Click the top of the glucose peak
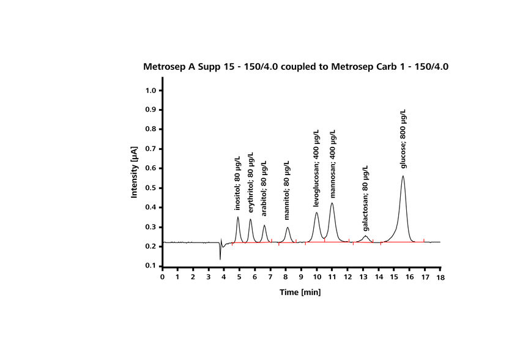click(x=403, y=176)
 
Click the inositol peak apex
click(x=238, y=217)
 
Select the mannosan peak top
click(x=332, y=203)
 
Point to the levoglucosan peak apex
click(x=316, y=212)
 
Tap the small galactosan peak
click(x=365, y=236)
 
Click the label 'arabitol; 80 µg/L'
click(x=264, y=189)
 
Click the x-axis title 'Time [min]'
click(x=300, y=292)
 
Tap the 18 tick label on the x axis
click(x=440, y=277)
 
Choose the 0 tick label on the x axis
click(x=162, y=277)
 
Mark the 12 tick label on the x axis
click(x=347, y=277)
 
